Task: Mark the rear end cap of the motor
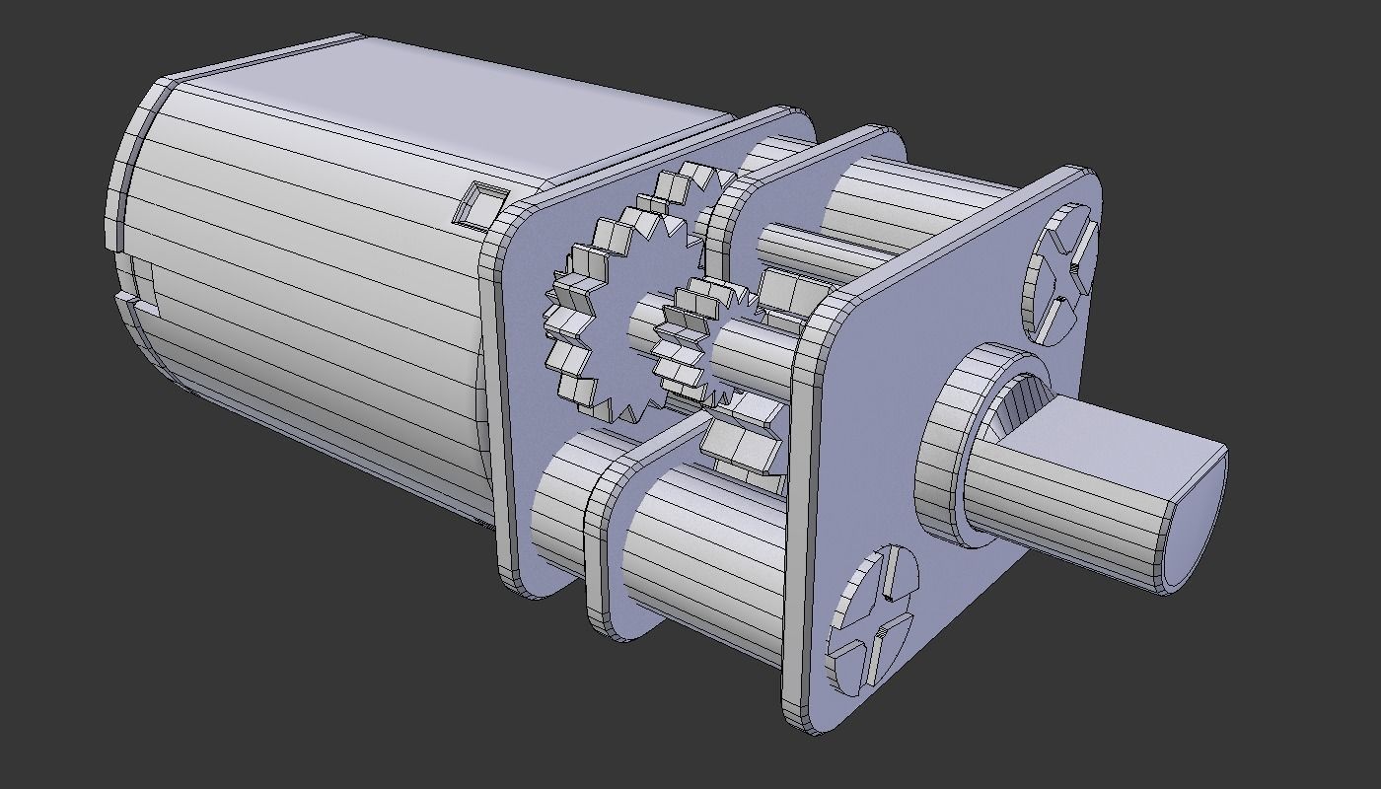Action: pos(123,197)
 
